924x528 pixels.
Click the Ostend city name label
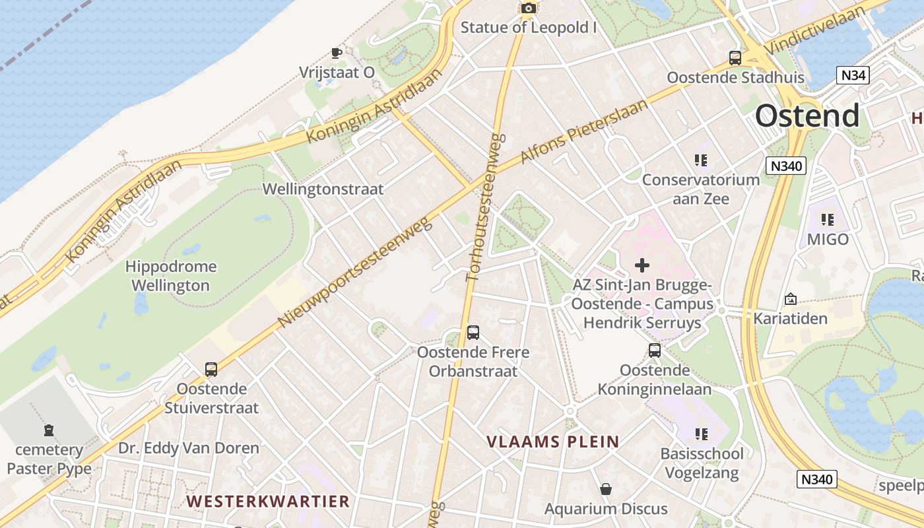(807, 115)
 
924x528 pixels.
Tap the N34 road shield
(853, 75)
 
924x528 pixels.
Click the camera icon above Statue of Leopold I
(528, 8)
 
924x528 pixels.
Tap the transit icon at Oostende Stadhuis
(735, 58)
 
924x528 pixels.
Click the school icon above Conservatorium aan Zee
(700, 160)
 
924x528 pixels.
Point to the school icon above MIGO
(827, 220)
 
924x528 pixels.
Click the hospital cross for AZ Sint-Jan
(642, 265)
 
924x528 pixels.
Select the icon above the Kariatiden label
(791, 300)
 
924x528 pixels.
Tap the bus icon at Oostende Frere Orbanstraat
(473, 333)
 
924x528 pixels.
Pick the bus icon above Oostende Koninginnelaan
(655, 350)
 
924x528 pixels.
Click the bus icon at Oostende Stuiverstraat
(211, 370)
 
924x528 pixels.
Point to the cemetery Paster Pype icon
(49, 431)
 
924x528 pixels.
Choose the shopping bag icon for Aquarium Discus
(605, 489)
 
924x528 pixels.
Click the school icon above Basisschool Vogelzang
(701, 434)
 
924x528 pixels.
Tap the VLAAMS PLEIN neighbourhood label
(553, 442)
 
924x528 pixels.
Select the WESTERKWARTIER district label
(267, 501)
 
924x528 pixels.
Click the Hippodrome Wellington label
(170, 276)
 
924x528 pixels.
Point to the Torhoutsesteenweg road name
(486, 208)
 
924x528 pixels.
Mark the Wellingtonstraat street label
(323, 189)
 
